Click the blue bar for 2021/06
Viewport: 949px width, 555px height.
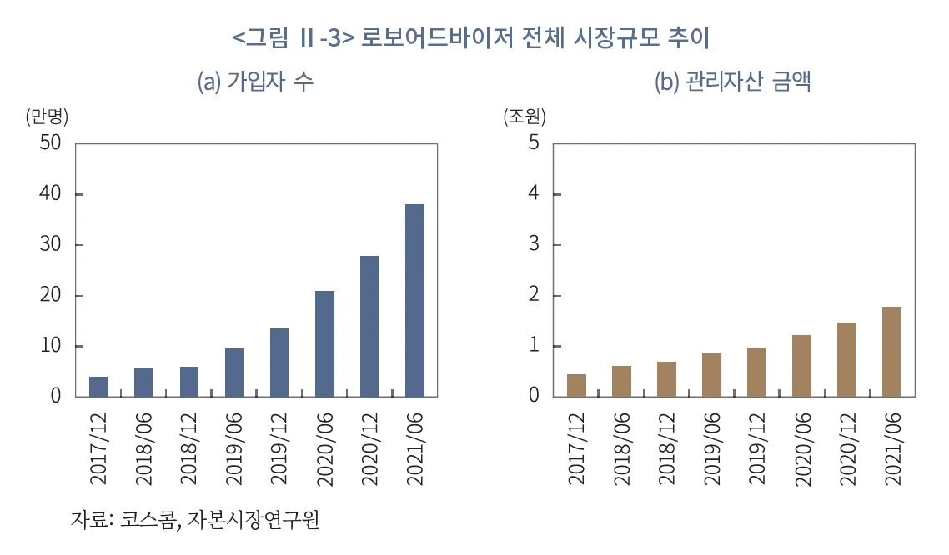[x=414, y=300]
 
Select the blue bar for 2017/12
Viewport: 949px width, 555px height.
[x=98, y=387]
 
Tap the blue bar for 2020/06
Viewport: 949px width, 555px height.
[x=324, y=343]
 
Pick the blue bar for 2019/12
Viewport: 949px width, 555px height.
[x=279, y=362]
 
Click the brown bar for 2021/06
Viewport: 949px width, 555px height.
[x=891, y=351]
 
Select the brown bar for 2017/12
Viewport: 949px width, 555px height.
[x=576, y=385]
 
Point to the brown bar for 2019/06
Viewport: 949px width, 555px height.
[x=711, y=375]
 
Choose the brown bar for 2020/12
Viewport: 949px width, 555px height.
[x=846, y=359]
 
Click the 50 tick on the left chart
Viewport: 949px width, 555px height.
[x=50, y=143]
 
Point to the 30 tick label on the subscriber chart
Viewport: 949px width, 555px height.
[x=50, y=245]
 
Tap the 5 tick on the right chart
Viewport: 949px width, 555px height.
[x=534, y=143]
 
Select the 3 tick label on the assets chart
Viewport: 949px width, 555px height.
[x=534, y=245]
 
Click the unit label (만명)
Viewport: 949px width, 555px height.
[x=47, y=117]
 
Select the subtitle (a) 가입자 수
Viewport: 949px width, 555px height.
[x=255, y=82]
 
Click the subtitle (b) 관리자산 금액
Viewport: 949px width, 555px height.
[x=733, y=82]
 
